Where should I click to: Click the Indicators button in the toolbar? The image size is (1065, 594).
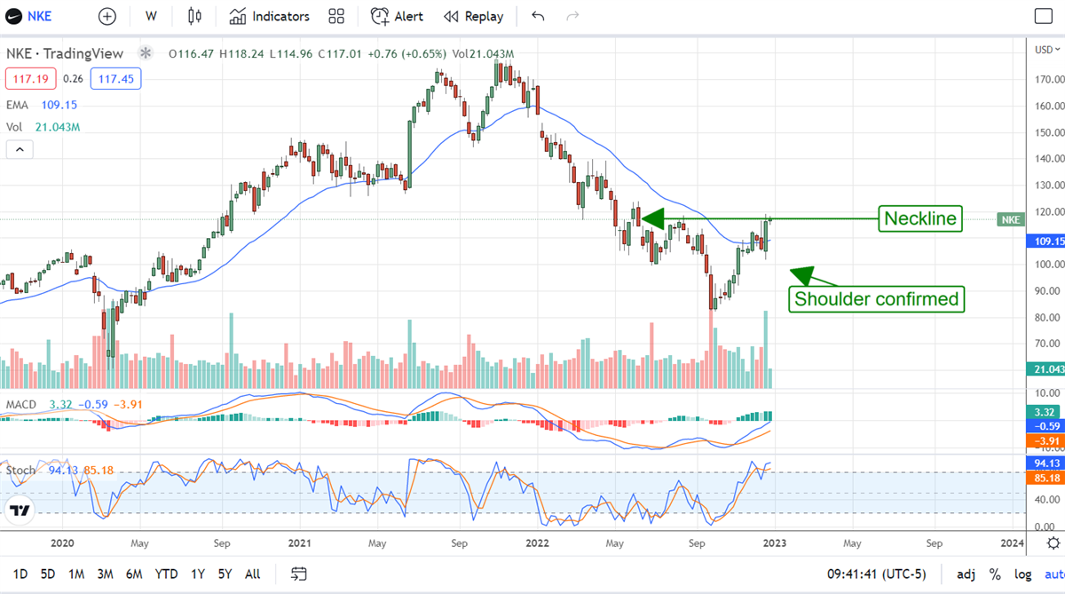coord(269,16)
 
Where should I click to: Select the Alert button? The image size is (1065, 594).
coord(397,16)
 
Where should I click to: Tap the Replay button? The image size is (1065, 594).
coord(473,16)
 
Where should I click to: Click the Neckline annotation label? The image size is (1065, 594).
coord(920,218)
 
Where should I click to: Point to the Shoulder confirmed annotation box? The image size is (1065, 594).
coord(876,299)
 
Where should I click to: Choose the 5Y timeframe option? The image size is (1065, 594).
coord(225,574)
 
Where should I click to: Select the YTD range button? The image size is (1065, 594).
coord(166,574)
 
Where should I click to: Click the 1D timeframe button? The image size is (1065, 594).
coord(20,574)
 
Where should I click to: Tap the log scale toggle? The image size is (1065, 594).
coord(1022,574)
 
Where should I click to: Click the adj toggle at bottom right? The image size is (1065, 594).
coord(966,574)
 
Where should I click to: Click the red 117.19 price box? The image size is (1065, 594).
coord(30,79)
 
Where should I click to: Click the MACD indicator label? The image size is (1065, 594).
coord(21,405)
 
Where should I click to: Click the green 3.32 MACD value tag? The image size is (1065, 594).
coord(1044,412)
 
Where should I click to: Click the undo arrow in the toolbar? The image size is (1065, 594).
coord(538,16)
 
